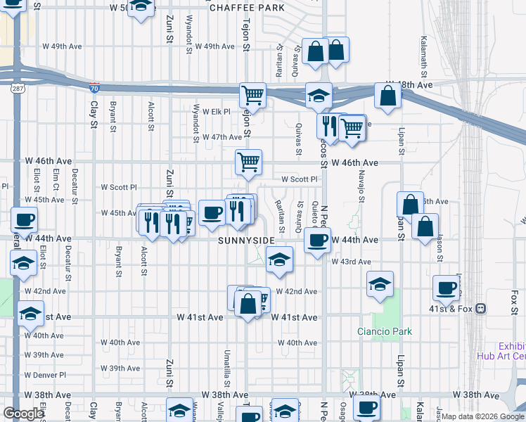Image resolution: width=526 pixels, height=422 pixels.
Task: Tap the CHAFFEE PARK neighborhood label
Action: (x=247, y=8)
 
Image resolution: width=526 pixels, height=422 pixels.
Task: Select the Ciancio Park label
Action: (x=384, y=331)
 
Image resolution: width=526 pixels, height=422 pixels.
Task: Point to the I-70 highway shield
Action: (x=95, y=88)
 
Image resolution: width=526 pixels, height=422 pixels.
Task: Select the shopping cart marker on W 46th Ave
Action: (x=248, y=162)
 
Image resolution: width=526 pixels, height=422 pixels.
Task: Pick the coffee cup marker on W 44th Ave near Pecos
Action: (x=317, y=241)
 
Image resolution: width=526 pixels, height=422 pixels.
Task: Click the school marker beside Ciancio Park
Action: (x=380, y=284)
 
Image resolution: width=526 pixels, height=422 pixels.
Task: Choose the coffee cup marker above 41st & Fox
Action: (x=446, y=287)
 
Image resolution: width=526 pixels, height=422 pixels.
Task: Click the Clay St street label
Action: (x=94, y=115)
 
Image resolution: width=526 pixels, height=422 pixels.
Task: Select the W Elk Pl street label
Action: (x=217, y=111)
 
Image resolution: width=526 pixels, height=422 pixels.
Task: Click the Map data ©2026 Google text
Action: (x=482, y=416)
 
